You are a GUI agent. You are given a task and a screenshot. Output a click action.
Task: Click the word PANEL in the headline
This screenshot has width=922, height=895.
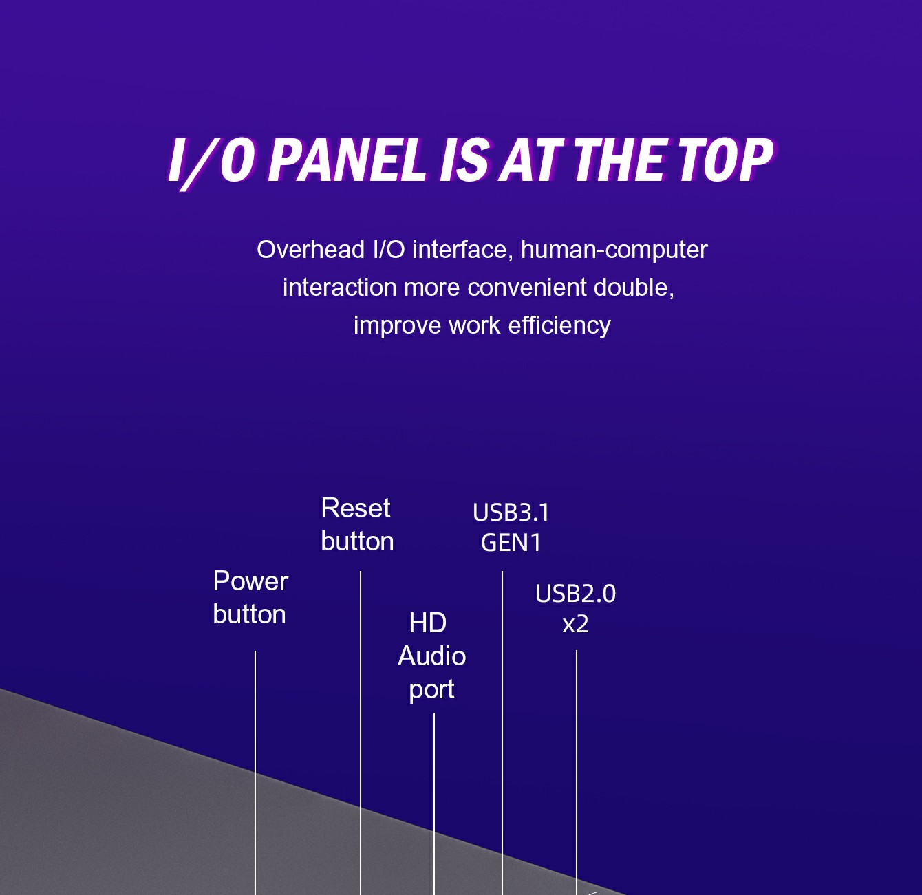click(x=347, y=160)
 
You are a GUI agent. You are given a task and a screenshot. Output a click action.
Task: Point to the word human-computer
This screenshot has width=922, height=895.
click(x=614, y=250)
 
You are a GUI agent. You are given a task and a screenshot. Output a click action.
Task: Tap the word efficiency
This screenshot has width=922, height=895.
click(x=559, y=326)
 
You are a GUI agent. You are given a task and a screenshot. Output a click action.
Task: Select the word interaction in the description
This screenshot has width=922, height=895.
click(x=339, y=288)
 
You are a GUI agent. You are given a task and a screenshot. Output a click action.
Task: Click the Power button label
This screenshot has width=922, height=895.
click(x=250, y=597)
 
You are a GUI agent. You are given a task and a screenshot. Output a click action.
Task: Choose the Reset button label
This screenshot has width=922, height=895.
click(x=357, y=524)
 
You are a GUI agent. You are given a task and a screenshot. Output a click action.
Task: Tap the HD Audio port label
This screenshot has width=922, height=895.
click(x=431, y=656)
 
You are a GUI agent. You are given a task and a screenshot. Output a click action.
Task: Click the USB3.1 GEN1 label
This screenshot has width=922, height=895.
click(x=511, y=528)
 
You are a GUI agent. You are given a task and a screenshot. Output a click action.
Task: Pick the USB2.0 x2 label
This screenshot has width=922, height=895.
click(x=575, y=608)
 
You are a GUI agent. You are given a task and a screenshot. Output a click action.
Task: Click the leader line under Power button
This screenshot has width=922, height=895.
click(x=255, y=773)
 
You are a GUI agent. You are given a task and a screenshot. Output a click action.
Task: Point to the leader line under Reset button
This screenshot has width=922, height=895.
click(x=360, y=733)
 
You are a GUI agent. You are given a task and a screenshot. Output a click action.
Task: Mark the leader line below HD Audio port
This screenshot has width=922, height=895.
click(x=434, y=804)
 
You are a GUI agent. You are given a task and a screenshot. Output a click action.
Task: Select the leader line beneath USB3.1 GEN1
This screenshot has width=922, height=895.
click(x=502, y=733)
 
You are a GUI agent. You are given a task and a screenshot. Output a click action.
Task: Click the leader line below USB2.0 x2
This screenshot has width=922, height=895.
click(x=577, y=773)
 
